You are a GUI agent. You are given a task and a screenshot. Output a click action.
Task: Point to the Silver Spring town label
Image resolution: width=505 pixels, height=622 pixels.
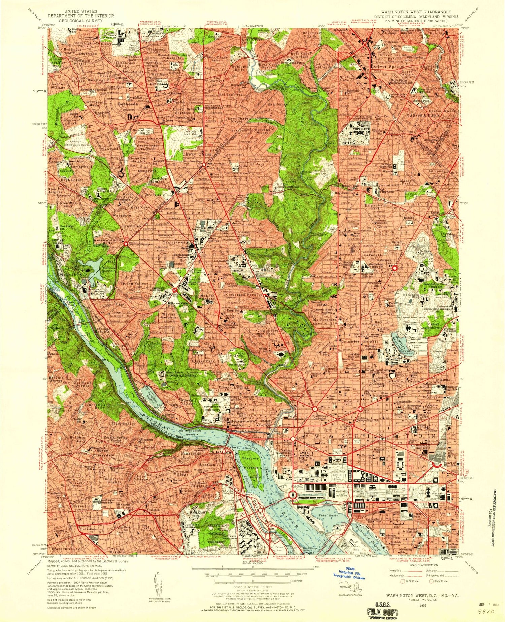coord(389,67)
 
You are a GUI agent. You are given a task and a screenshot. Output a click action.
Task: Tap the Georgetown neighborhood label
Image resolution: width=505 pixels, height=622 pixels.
coord(243,422)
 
